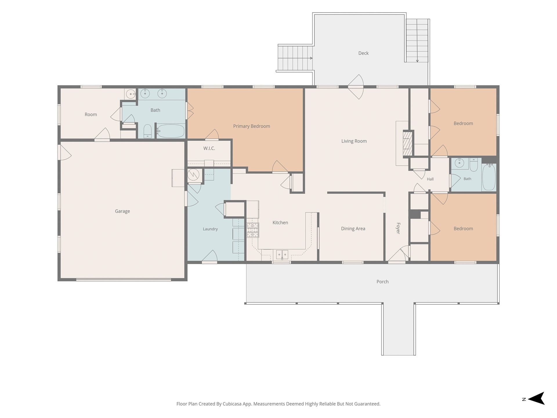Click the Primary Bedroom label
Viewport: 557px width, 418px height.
252,126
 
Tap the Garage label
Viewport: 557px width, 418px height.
122,211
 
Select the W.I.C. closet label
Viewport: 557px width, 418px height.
209,148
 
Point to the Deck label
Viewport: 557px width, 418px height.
364,53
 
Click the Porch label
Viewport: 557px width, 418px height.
382,282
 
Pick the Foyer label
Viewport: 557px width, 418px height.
398,228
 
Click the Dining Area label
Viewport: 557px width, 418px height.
353,229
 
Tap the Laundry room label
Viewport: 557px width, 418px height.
210,229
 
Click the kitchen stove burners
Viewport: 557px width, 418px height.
253,230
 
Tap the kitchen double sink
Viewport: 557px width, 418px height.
282,255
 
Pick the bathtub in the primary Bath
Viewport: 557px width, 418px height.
171,131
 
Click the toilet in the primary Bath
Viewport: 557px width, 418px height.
148,131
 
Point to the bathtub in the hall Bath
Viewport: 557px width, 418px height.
489,177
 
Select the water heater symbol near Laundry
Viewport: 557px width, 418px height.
193,175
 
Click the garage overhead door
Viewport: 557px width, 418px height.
124,280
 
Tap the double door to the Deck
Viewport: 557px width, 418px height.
356,87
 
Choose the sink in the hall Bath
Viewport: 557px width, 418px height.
459,163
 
